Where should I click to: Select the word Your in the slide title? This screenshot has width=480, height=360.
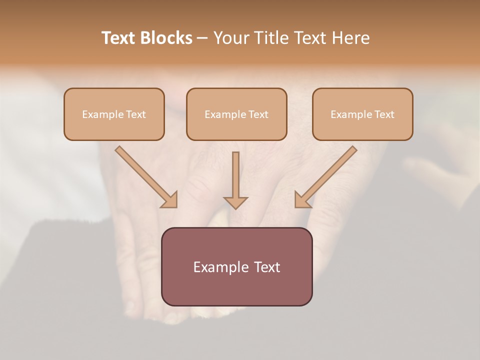coord(231,38)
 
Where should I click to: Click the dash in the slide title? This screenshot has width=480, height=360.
coord(202,38)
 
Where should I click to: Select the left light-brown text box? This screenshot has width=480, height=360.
coord(114,114)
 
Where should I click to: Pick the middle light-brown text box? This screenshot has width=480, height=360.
coord(236,114)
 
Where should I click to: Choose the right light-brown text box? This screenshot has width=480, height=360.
coord(362,114)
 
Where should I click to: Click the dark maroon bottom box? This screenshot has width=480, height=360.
coord(236,266)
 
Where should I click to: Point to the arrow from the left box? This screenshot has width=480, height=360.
coord(145,176)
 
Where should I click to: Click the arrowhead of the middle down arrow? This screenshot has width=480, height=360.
coord(235,202)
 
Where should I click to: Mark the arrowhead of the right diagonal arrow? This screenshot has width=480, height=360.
coord(302,200)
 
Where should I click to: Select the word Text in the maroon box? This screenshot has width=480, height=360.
coord(266,267)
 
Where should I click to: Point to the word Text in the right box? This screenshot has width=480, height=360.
coord(384,114)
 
